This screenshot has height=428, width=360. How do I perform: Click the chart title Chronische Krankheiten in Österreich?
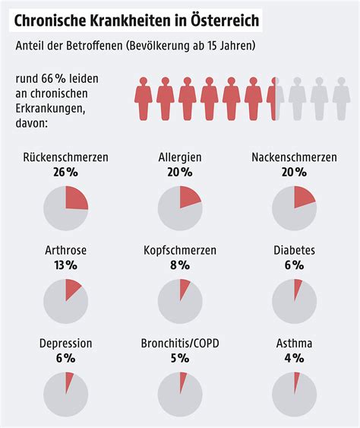pyautogui.click(x=135, y=18)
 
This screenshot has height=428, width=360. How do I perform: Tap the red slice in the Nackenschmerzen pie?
pyautogui.click(x=302, y=197)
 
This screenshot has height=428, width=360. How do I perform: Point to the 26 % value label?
pyautogui.click(x=66, y=173)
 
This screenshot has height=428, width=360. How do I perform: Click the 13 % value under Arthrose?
pyautogui.click(x=66, y=265)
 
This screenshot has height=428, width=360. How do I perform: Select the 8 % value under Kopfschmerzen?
pyautogui.click(x=180, y=265)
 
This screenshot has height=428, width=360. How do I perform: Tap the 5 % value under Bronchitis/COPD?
pyautogui.click(x=180, y=357)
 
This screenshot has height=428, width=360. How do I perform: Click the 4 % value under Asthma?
pyautogui.click(x=294, y=357)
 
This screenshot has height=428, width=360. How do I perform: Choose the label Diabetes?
pyautogui.click(x=294, y=250)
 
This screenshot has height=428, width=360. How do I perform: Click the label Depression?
pyautogui.click(x=66, y=343)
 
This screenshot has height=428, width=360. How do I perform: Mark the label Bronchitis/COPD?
pyautogui.click(x=180, y=343)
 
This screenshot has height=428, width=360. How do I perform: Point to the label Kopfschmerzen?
pyautogui.click(x=180, y=250)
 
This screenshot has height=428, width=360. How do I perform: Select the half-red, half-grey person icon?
pyautogui.click(x=275, y=97)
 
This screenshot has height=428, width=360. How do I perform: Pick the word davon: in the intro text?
pyautogui.click(x=32, y=122)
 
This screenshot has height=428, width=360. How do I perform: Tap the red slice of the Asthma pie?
pyautogui.click(x=297, y=379)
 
